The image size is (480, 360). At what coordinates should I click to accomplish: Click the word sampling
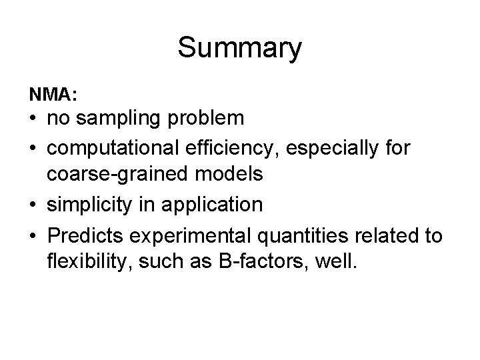pyautogui.click(x=125, y=119)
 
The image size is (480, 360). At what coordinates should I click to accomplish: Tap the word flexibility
pyautogui.click(x=87, y=261)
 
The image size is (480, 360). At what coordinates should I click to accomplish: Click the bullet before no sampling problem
pyautogui.click(x=33, y=119)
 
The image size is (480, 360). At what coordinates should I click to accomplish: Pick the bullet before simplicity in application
pyautogui.click(x=33, y=205)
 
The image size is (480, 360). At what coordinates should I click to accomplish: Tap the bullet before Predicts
pyautogui.click(x=33, y=233)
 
